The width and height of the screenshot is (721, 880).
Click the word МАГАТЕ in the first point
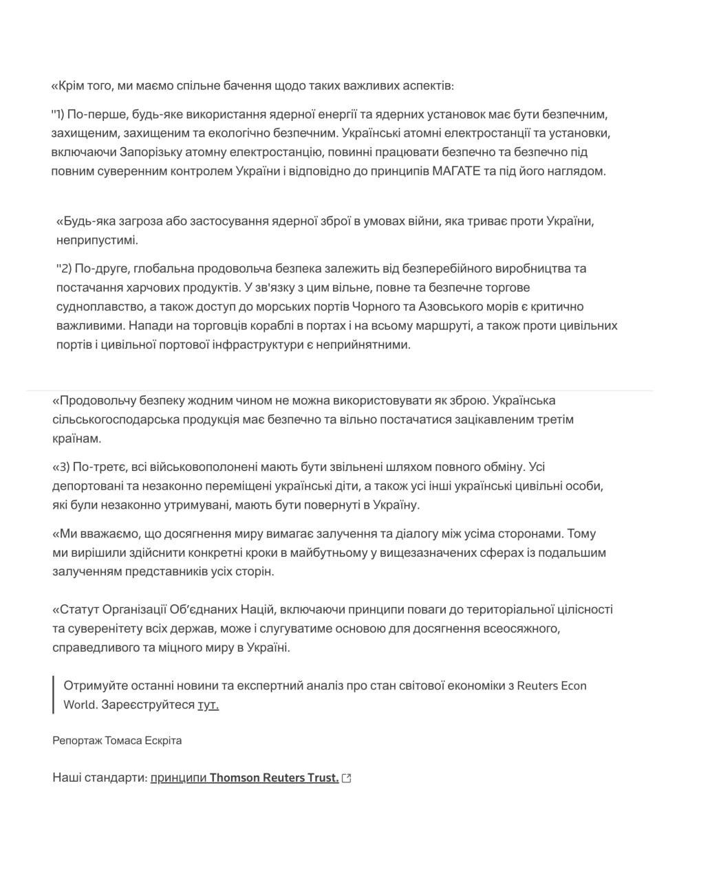(456, 171)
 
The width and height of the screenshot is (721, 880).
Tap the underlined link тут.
(208, 705)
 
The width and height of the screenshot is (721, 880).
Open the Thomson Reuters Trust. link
(274, 778)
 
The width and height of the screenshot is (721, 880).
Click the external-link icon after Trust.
(347, 778)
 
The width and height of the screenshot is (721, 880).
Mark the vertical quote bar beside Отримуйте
(54, 694)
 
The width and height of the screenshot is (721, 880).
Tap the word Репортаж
(77, 740)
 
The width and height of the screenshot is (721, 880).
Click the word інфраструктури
(258, 344)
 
